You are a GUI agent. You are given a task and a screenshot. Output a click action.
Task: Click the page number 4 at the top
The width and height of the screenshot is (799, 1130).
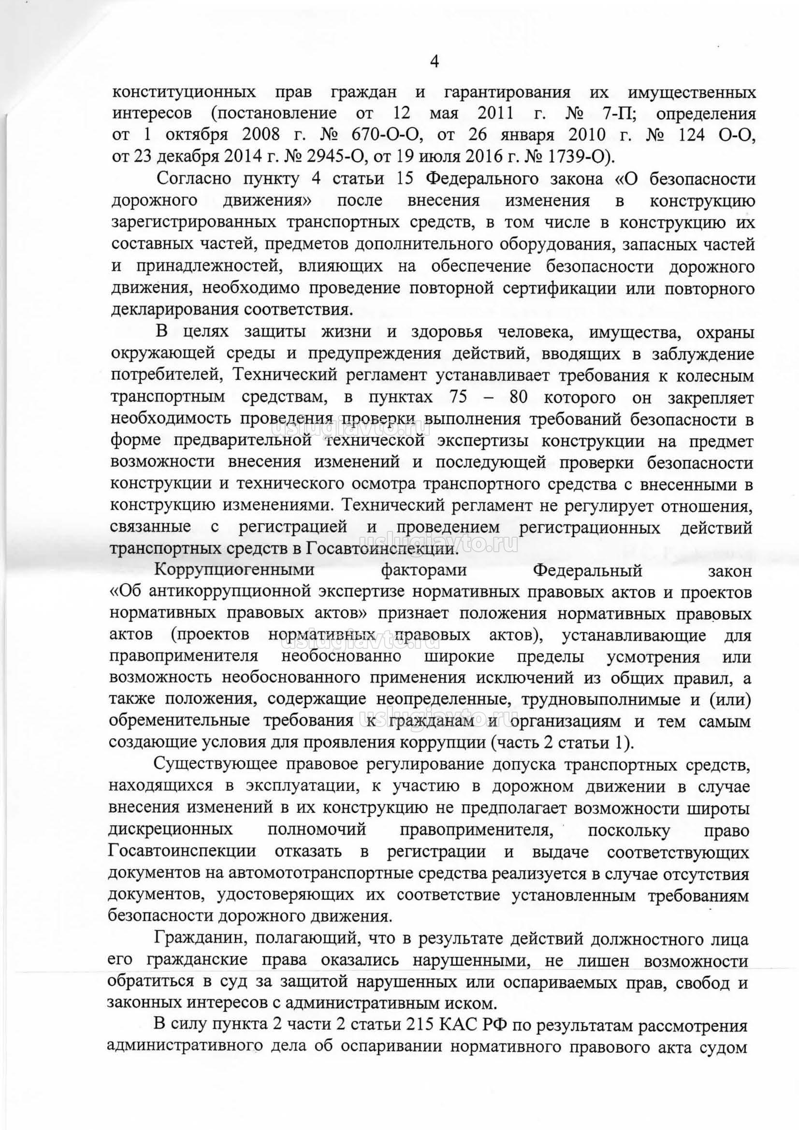[x=434, y=61]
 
